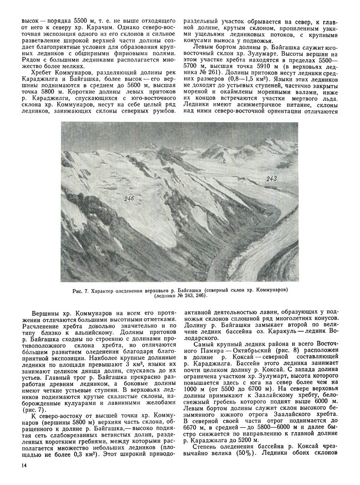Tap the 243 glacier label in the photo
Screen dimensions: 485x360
pyautogui.click(x=271, y=179)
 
